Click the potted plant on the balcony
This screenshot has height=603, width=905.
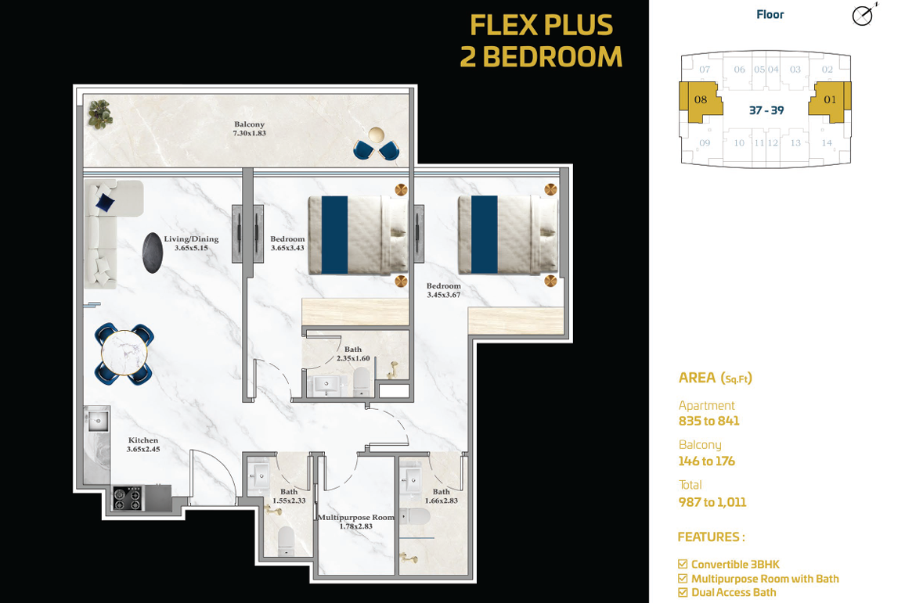pos(100,113)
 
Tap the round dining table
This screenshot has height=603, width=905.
pos(124,354)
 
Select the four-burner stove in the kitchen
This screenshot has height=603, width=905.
pos(127,499)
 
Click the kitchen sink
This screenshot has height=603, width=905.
pos(98,421)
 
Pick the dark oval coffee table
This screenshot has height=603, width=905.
pos(153,253)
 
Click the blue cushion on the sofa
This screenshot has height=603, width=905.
pos(105,203)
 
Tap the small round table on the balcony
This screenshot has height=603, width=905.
pos(377,135)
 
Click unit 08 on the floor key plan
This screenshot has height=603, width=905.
pos(701,100)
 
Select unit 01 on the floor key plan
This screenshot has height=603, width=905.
pos(830,100)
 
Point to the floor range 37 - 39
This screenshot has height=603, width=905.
pos(766,110)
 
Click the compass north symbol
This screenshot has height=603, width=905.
pos(863,16)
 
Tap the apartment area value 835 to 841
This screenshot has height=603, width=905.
pos(708,421)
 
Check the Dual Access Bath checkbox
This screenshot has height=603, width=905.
pos(683,593)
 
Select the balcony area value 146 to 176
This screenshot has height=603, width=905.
pos(706,461)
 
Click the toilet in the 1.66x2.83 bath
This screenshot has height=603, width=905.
pos(415,516)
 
